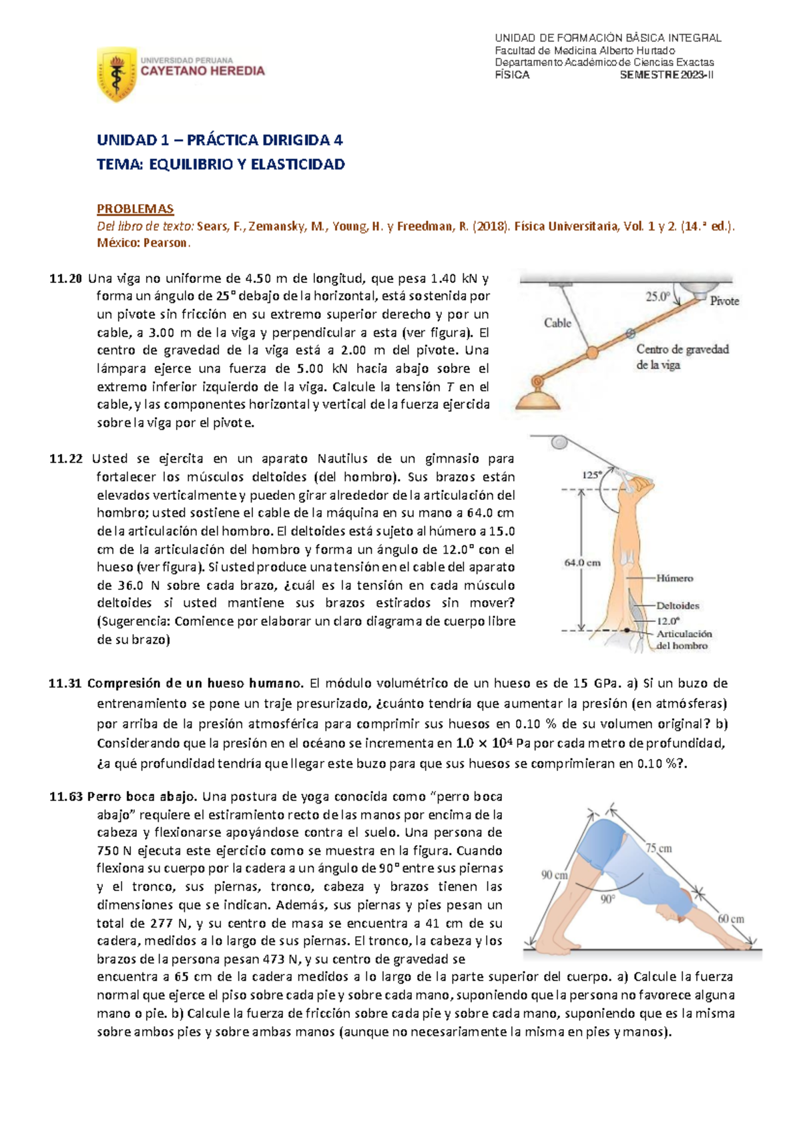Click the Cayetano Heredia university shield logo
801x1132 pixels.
coord(117,73)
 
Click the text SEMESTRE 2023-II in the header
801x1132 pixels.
coord(666,75)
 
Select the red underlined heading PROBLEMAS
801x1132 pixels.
coord(135,209)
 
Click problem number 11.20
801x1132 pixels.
coord(65,278)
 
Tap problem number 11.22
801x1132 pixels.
coord(65,459)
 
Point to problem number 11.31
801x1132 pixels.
coord(65,683)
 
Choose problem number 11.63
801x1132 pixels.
coord(65,796)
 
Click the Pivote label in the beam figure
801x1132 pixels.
coord(724,301)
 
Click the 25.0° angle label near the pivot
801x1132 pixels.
coord(657,296)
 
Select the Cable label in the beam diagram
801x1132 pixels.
coord(557,323)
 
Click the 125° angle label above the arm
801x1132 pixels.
coord(591,475)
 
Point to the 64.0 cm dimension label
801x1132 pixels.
coord(582,563)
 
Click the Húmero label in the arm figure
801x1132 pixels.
coord(674,578)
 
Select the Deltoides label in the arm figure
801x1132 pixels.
coord(678,606)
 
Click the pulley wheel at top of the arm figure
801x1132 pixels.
coord(559,442)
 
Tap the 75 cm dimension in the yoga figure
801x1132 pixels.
coord(658,848)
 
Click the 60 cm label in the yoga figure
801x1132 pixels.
coord(731,918)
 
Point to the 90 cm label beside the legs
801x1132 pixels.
coord(554,875)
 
